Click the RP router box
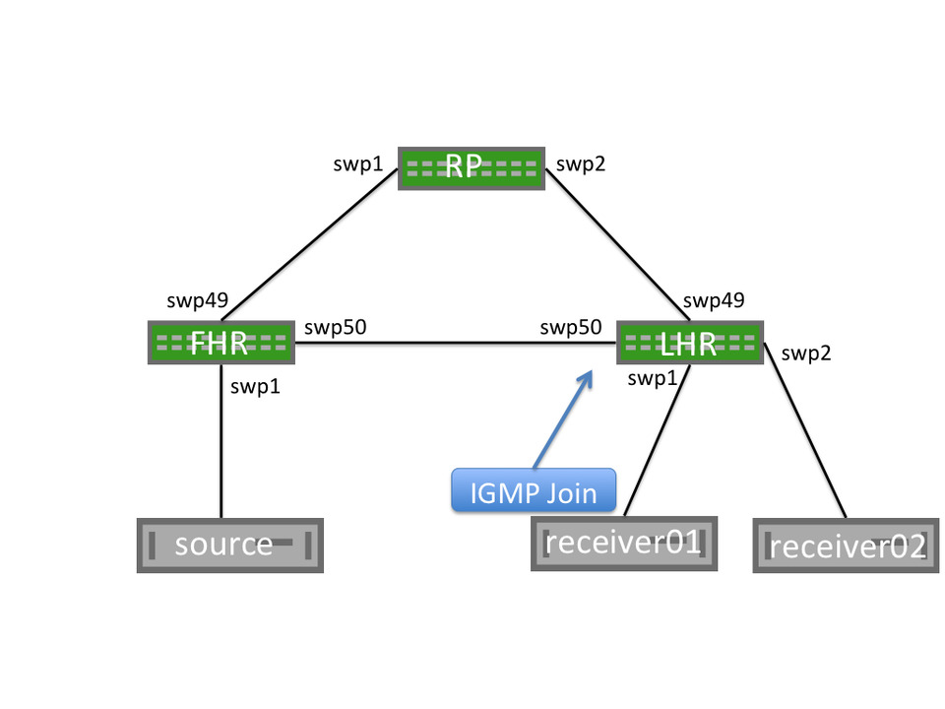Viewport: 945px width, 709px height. pyautogui.click(x=471, y=168)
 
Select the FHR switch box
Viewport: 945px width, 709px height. pyautogui.click(x=221, y=343)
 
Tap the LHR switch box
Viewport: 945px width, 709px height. pyautogui.click(x=689, y=343)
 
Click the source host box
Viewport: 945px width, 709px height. pyautogui.click(x=229, y=545)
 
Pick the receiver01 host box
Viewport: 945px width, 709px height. pyautogui.click(x=623, y=543)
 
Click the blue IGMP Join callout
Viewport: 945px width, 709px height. pyautogui.click(x=533, y=489)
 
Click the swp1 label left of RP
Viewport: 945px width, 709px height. pyautogui.click(x=358, y=164)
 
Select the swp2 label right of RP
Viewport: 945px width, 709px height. pyautogui.click(x=581, y=164)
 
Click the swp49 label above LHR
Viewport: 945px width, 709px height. pyautogui.click(x=713, y=300)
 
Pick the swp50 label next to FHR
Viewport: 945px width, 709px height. pyautogui.click(x=336, y=327)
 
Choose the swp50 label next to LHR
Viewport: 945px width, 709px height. pyautogui.click(x=571, y=327)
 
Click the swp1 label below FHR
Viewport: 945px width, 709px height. pyautogui.click(x=255, y=387)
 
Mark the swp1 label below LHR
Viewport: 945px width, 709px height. pyautogui.click(x=651, y=378)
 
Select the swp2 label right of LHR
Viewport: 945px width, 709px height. pyautogui.click(x=806, y=353)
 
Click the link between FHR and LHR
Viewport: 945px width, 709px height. pyautogui.click(x=453, y=343)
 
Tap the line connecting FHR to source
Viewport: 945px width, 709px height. pyautogui.click(x=220, y=443)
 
